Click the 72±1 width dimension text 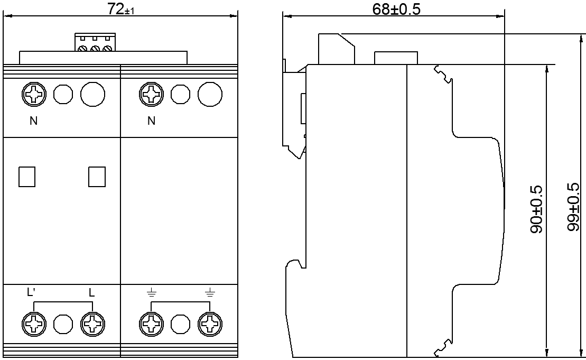click(121, 11)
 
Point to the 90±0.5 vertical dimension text click(536, 211)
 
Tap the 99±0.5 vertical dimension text click(573, 207)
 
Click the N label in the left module click(33, 121)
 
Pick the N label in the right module click(152, 121)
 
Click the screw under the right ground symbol click(210, 324)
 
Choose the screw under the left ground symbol click(152, 324)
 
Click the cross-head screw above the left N click(34, 95)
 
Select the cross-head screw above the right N click(152, 95)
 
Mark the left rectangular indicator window click(26, 177)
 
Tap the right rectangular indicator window click(97, 177)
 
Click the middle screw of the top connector click(95, 49)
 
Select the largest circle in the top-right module click(210, 95)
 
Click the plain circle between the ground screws click(181, 324)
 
